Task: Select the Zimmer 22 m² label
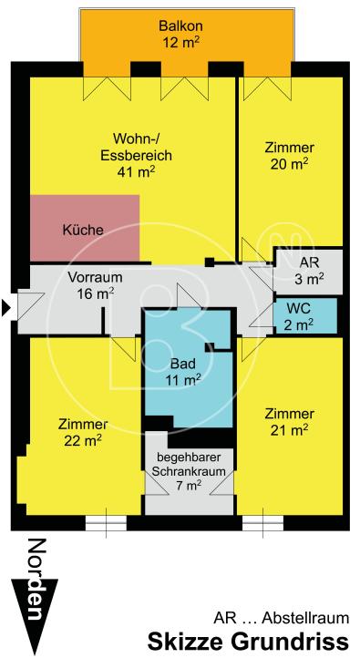pyautogui.click(x=82, y=432)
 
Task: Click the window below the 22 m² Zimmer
pyautogui.click(x=102, y=524)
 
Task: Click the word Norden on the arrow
pyautogui.click(x=35, y=581)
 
